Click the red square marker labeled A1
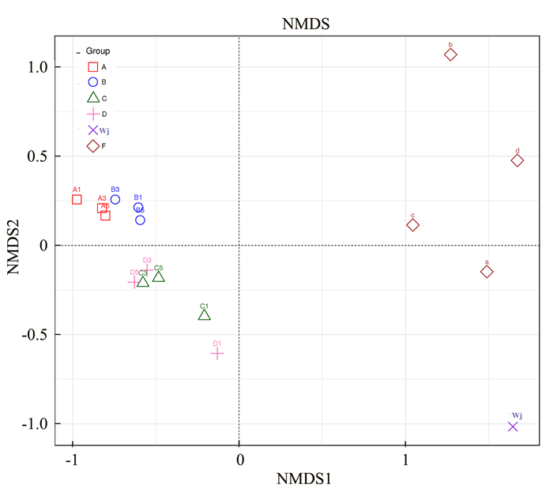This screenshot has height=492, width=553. (77, 200)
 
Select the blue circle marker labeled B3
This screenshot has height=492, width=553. (115, 199)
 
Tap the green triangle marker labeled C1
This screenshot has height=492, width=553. (205, 315)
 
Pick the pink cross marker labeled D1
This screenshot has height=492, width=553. (217, 353)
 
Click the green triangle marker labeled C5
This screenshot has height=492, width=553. (159, 276)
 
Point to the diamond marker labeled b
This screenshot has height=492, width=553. (450, 54)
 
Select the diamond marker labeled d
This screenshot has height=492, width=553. (517, 160)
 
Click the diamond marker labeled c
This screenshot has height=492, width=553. (412, 225)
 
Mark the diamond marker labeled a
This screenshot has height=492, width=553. (487, 272)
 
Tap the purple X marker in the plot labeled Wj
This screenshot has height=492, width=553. (513, 426)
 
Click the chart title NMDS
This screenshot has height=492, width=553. (305, 24)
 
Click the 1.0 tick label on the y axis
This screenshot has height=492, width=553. (34, 68)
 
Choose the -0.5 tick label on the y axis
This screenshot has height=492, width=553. (32, 335)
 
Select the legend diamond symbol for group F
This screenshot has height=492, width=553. (93, 146)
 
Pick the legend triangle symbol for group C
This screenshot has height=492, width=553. (93, 98)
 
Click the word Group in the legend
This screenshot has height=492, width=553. (98, 51)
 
